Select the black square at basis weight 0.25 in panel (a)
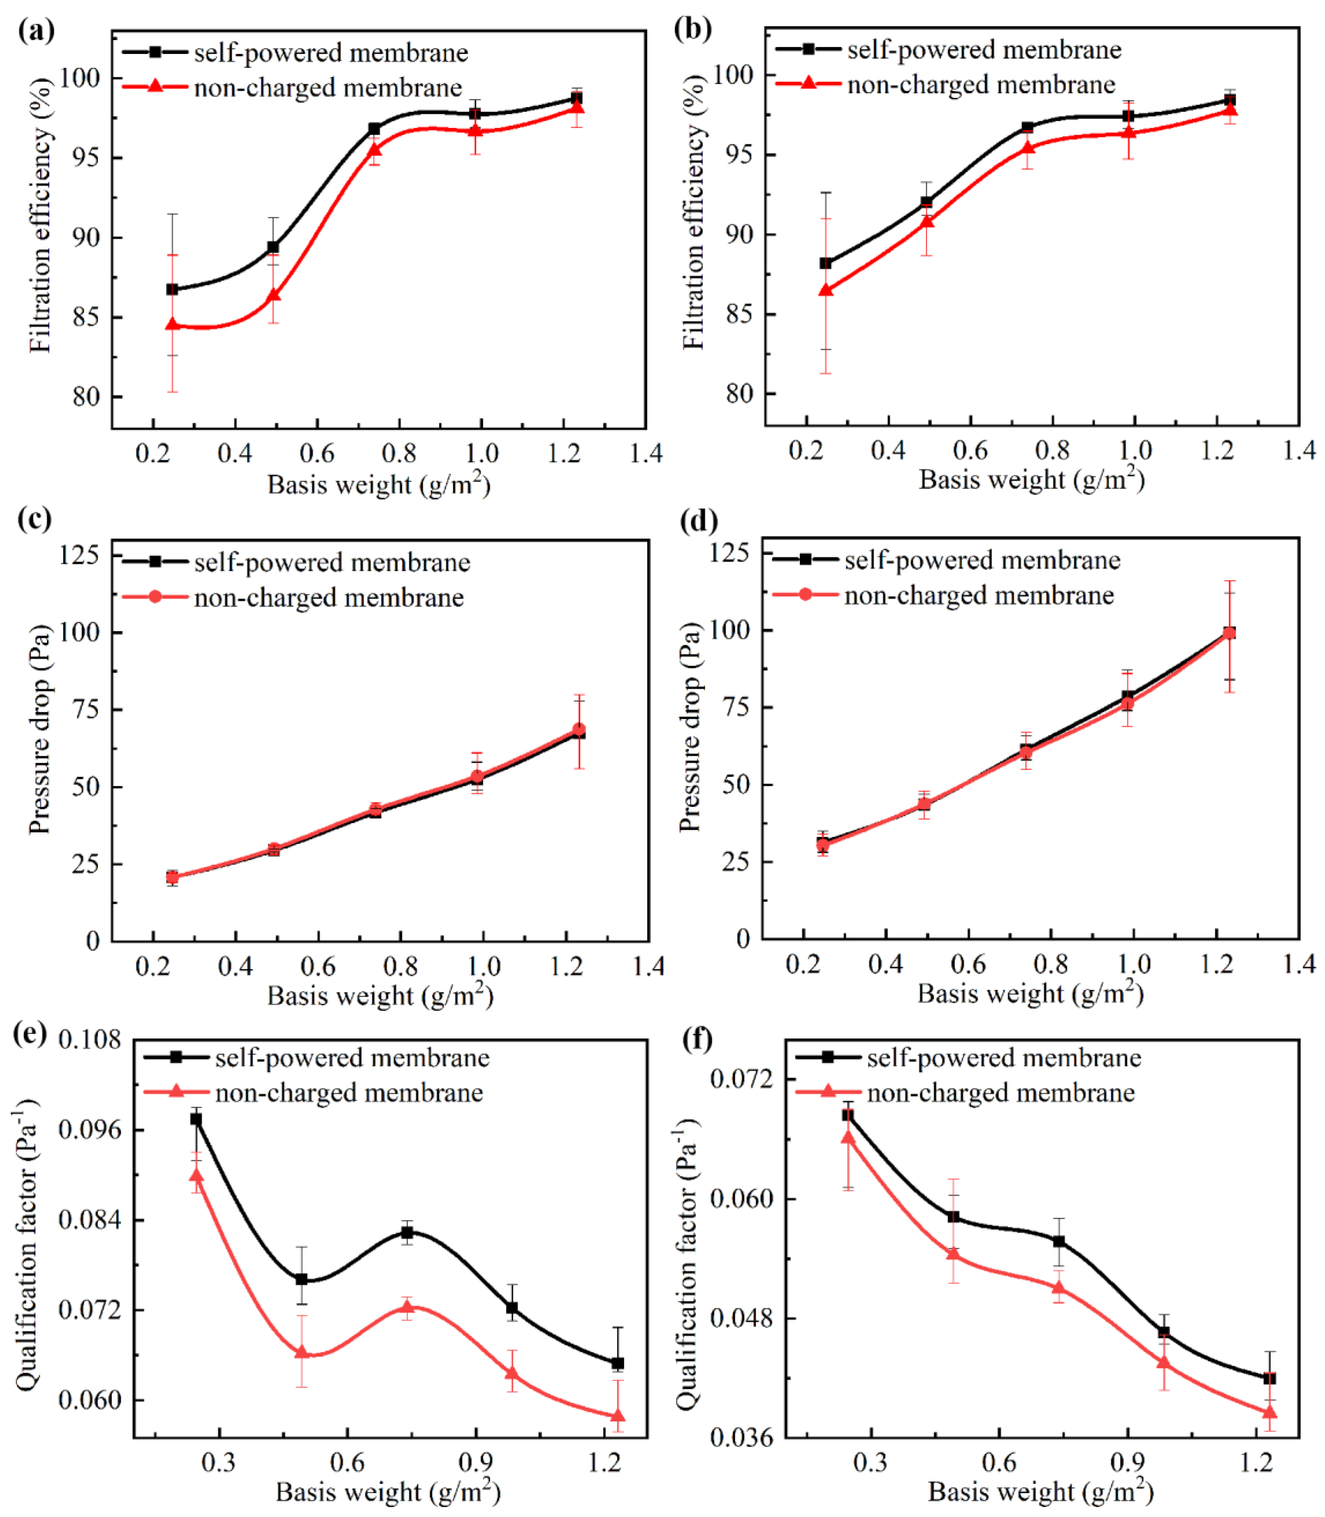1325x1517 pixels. coord(172,289)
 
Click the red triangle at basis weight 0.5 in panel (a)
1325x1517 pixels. coord(273,295)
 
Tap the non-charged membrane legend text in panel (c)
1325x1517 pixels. coord(329,597)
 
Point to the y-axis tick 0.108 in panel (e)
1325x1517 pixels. coord(89,1040)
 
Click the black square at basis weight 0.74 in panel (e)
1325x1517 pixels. coord(407,1232)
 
